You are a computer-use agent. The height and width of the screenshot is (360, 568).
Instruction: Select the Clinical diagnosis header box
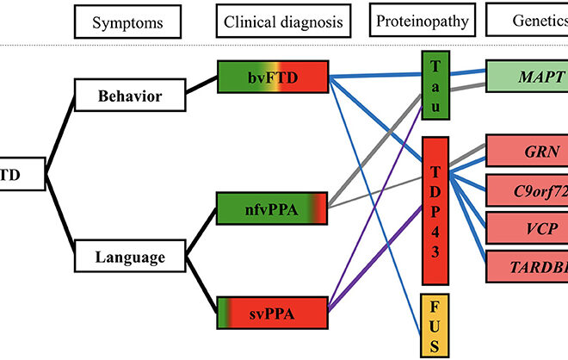273,21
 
